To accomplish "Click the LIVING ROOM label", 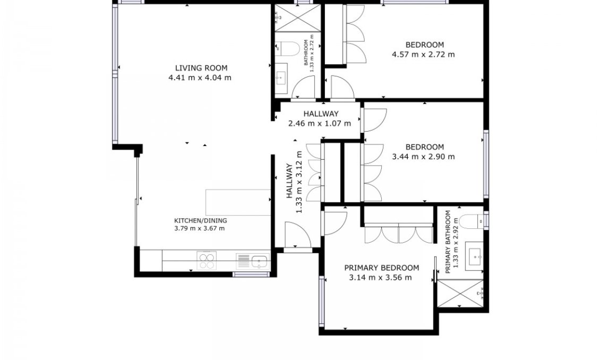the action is pos(201,68).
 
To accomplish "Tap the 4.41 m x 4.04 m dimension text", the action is pos(200,78).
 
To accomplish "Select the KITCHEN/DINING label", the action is pos(201,221).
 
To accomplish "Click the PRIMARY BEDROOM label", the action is pos(382,268).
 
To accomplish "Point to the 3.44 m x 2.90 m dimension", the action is pos(424,157).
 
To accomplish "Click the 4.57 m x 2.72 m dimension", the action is pos(423,54).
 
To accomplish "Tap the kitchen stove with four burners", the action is pos(207,261).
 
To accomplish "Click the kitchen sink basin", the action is pos(260,262).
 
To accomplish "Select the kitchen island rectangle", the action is pos(238,202).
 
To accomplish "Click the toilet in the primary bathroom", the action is pos(472,221).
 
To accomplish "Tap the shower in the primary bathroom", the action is pos(460,294).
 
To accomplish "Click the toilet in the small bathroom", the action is pos(289,48).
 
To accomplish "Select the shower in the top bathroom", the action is pos(297,18).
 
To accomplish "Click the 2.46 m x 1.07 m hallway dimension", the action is pos(320,123).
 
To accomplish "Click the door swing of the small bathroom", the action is pos(304,87).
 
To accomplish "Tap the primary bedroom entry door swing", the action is pos(336,223).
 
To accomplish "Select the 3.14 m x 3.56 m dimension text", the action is pos(380,277).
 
